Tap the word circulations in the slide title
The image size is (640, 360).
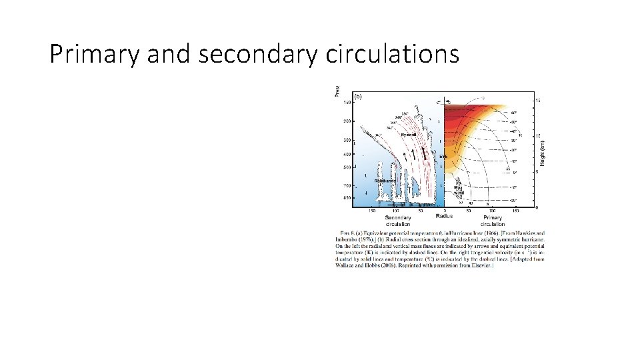coord(392,54)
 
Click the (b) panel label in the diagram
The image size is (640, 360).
coord(358,96)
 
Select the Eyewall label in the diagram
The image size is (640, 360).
coord(409,135)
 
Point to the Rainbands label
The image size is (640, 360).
coord(385,181)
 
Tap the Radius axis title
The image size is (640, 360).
coord(444,216)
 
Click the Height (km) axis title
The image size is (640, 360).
coord(544,151)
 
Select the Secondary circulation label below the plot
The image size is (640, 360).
coord(397,221)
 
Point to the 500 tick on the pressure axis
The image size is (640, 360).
coord(347,167)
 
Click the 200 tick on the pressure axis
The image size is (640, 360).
coord(347,121)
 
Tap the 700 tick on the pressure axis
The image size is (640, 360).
coord(347,185)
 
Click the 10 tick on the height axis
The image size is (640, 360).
coord(538,135)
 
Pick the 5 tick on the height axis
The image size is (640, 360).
coord(537,172)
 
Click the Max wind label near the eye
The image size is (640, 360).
coord(458,190)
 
